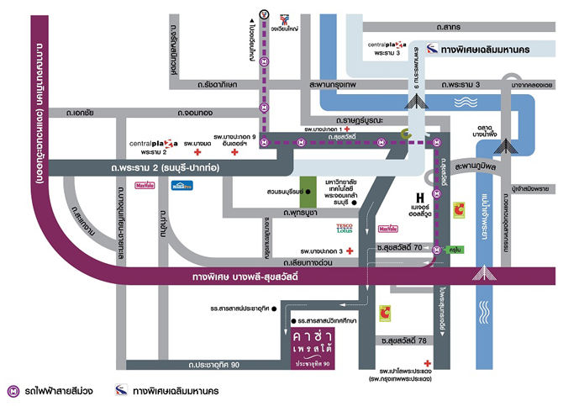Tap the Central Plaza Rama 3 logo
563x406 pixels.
(x=387, y=44)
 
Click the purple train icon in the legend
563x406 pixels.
(x=14, y=391)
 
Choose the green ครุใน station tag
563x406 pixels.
(x=455, y=249)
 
